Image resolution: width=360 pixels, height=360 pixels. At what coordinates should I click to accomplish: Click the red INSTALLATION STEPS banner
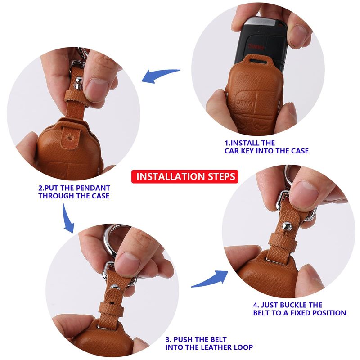[x=185, y=176]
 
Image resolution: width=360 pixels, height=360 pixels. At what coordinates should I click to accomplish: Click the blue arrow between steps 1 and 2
[x=161, y=75]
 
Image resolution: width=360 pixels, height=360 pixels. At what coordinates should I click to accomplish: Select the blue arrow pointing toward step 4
[x=210, y=279]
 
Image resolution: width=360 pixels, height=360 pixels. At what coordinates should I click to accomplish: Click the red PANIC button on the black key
[x=256, y=48]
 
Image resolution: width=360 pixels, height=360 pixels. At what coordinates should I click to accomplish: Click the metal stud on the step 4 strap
[x=287, y=226]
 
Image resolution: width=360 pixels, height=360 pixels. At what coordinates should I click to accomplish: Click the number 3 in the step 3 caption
[x=168, y=339]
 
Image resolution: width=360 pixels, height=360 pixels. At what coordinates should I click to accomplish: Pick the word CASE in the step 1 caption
[x=300, y=151]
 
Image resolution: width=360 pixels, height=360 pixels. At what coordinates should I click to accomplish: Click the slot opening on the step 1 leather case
[x=257, y=61]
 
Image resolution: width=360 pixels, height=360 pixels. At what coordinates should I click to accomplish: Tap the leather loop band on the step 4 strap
[x=283, y=242]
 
